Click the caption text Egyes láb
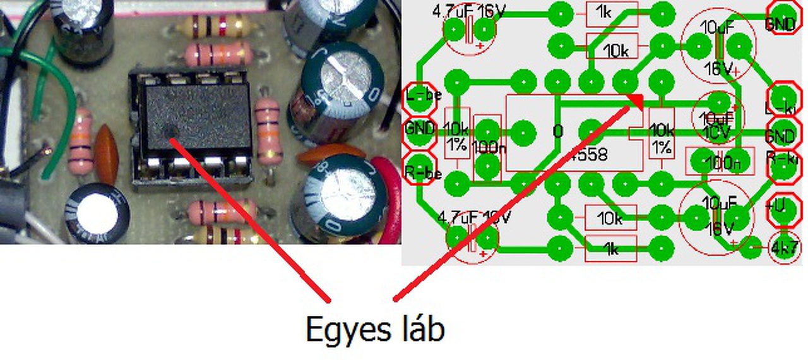coord(375,330)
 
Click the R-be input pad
coord(419,170)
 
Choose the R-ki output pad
coord(783,165)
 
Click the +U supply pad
coord(781,210)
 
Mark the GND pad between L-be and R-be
coord(420,129)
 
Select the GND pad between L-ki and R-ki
coord(780,135)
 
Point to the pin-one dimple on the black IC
coord(169,132)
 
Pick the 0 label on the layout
coord(557,131)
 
